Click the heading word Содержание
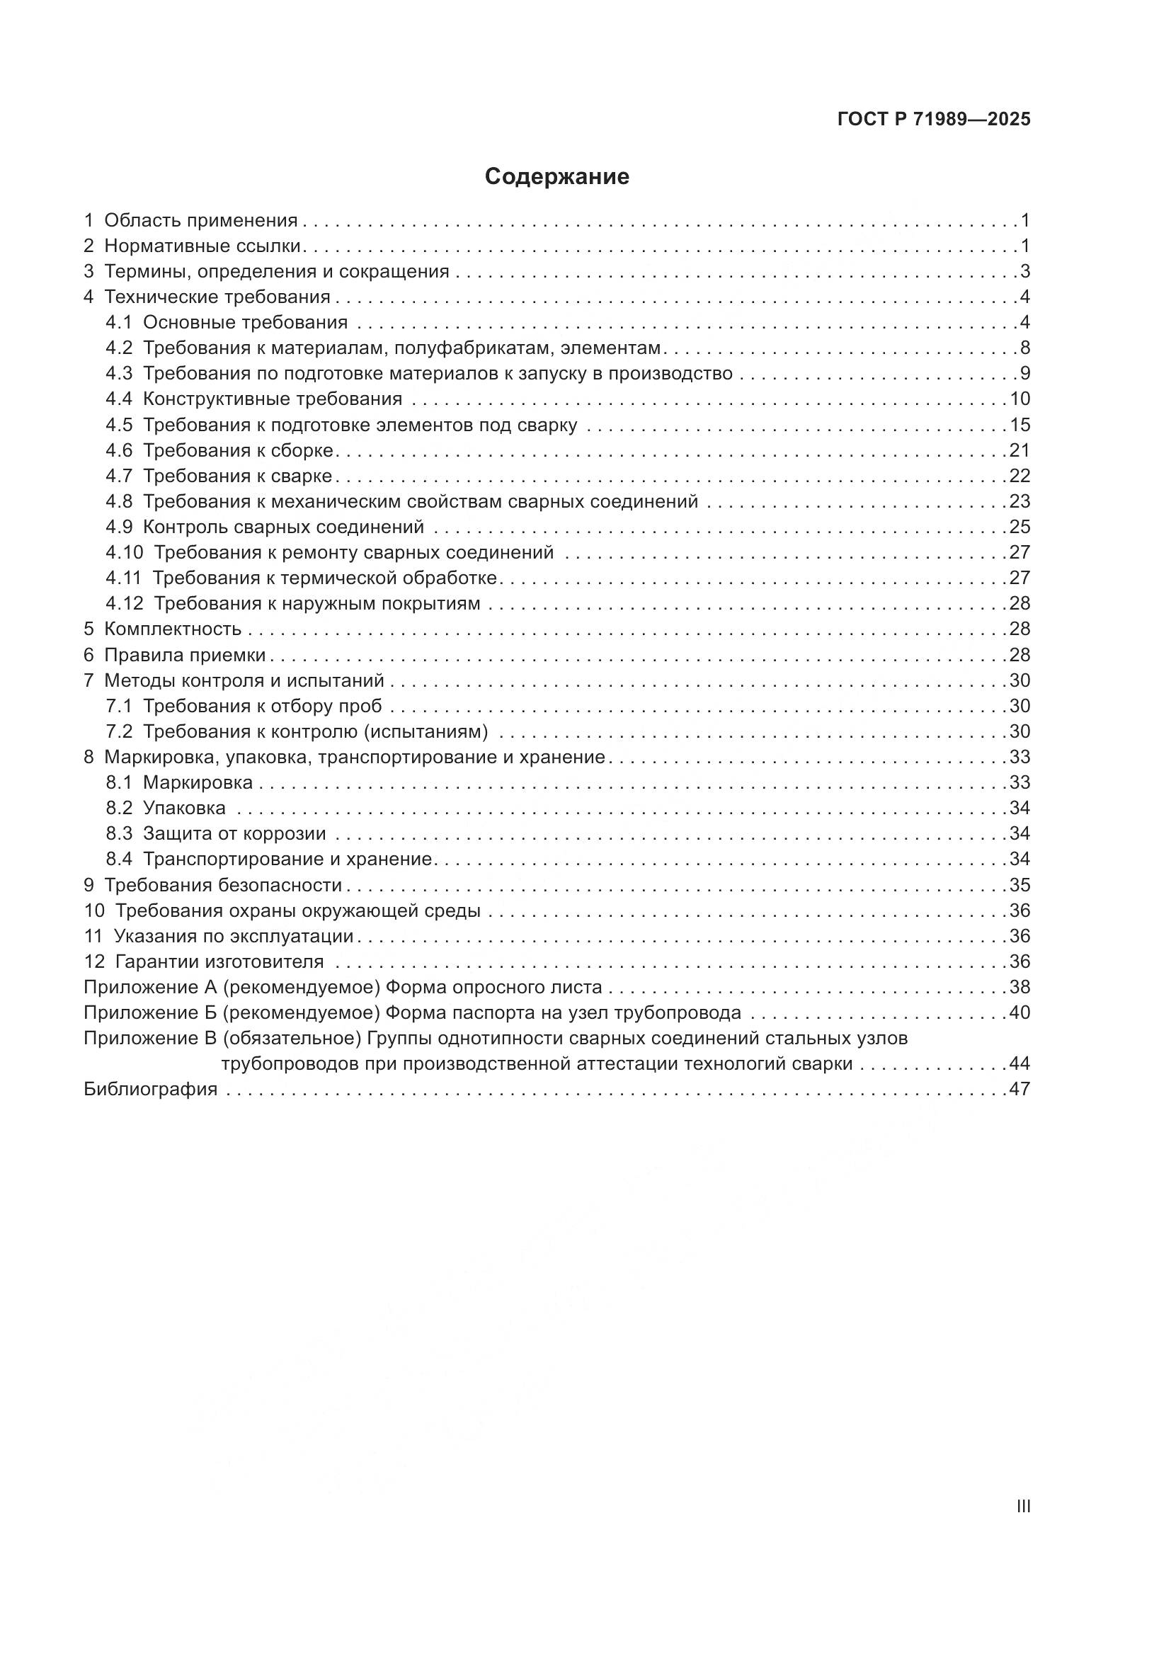556,177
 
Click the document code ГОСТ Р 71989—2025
934,120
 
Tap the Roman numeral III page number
1022,1506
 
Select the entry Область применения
200,221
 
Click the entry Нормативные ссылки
202,246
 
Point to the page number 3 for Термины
1024,272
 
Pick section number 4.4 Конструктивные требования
119,399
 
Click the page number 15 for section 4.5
1019,425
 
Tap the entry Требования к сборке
238,451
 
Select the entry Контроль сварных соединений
283,527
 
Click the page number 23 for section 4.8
1019,501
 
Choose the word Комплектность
172,629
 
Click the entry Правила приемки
185,655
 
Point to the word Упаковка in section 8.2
184,808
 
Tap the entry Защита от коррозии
234,834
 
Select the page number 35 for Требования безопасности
1019,885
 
